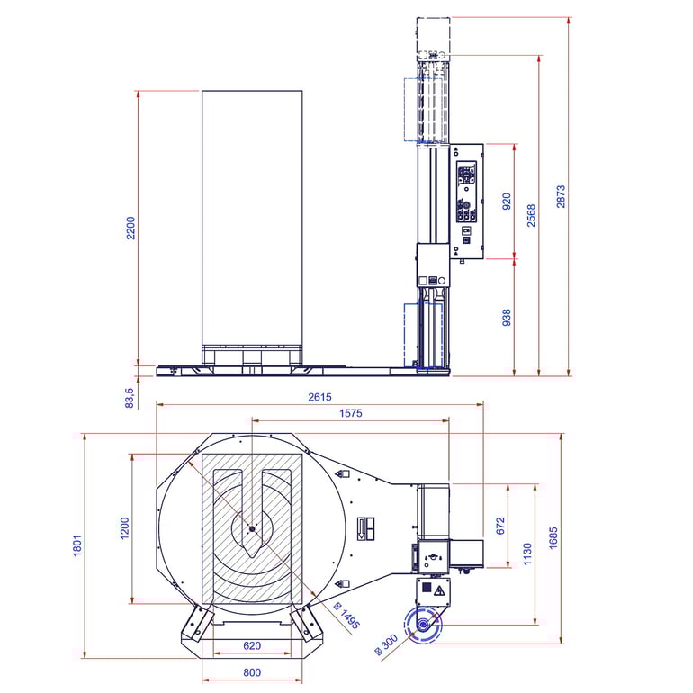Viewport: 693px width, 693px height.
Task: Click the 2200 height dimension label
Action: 130,228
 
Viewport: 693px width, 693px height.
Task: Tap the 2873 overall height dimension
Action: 561,196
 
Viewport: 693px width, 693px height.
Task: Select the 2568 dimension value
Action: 531,216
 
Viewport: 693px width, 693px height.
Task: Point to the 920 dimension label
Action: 507,202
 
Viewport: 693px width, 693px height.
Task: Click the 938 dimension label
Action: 507,318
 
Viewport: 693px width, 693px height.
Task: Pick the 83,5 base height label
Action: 129,398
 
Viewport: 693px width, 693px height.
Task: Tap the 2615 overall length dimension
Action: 320,397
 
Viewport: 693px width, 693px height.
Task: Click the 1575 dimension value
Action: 351,413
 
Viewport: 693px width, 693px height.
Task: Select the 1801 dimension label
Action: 77,545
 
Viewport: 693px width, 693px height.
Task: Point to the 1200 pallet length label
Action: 124,528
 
